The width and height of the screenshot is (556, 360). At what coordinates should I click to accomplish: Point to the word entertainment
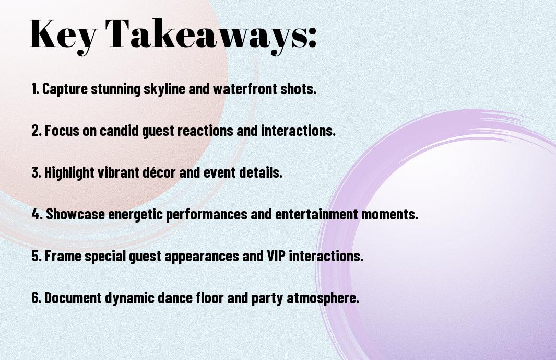coord(320,214)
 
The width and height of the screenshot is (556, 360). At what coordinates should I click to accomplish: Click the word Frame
coord(61,256)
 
